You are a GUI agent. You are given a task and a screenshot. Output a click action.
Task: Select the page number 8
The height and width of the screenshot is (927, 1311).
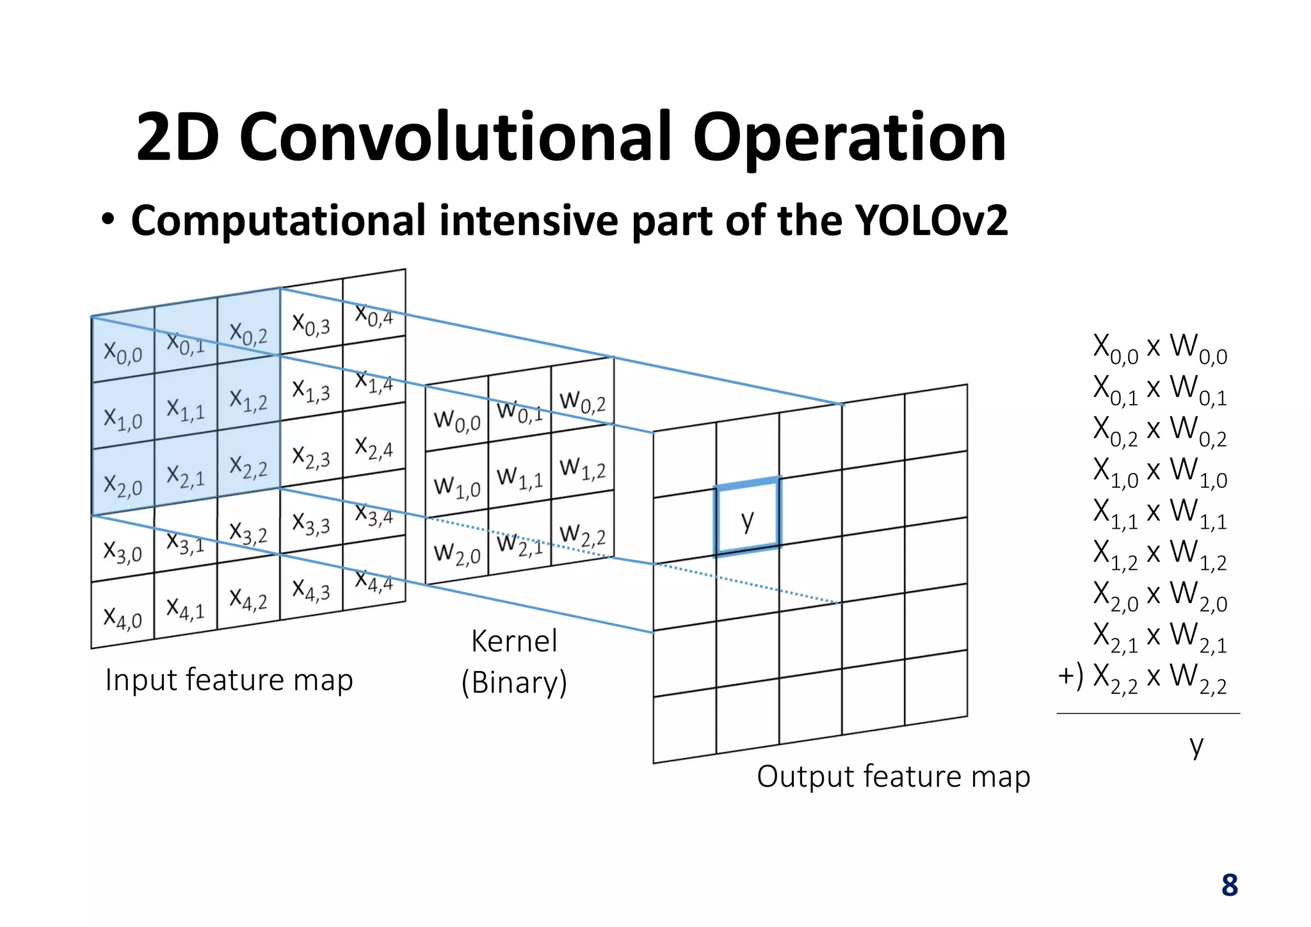click(1229, 885)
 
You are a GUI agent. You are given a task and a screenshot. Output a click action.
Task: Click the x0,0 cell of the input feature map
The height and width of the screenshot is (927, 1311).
click(123, 350)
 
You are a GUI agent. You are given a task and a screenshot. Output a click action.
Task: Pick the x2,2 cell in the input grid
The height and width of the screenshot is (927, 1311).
click(248, 465)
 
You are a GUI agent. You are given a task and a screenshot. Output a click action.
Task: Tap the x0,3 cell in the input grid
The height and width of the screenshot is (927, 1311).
click(311, 323)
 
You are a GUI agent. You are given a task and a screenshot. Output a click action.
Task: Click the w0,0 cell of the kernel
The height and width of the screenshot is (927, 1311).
click(456, 419)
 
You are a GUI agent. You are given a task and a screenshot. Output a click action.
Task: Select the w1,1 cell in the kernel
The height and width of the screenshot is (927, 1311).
click(519, 476)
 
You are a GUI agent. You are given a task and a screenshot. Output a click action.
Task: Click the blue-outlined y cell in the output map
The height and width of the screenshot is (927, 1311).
click(748, 519)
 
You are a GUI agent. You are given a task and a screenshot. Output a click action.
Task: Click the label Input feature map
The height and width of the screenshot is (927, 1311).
click(229, 680)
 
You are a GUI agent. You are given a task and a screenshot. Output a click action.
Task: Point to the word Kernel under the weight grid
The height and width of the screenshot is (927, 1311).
click(514, 641)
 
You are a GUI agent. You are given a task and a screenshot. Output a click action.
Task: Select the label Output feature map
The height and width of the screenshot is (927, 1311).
click(893, 777)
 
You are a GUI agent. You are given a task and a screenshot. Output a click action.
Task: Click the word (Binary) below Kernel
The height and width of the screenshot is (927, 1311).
click(514, 682)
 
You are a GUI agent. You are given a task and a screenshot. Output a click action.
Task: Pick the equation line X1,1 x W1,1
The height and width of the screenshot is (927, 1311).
click(1160, 513)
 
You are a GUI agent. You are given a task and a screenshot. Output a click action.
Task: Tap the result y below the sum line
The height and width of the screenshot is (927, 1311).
click(1196, 745)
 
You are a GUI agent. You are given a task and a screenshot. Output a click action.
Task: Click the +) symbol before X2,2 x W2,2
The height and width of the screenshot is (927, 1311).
click(1070, 675)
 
